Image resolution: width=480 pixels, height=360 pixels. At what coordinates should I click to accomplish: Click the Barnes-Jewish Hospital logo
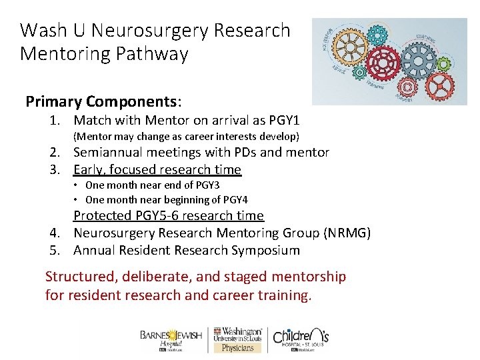pos(172,339)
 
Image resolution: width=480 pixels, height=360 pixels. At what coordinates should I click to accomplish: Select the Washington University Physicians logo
pos(237,339)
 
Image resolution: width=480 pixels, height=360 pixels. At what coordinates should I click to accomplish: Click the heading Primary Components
pos(103,101)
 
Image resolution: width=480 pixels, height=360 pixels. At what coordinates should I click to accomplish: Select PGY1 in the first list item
pos(284,121)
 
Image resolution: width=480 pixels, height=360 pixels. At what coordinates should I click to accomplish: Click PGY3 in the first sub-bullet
pos(207,185)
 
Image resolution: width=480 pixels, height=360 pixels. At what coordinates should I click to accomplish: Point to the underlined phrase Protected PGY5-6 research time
pos(168,215)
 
